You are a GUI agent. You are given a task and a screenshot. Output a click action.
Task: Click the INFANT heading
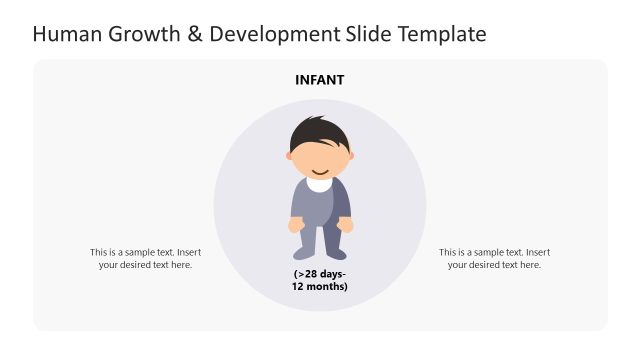click(320, 80)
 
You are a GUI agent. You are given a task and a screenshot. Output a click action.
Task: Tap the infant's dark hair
click(318, 134)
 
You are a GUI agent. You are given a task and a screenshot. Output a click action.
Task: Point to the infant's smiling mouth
click(320, 169)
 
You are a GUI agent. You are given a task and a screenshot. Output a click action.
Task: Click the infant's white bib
click(320, 184)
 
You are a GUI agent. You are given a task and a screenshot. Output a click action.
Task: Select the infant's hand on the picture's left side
click(295, 225)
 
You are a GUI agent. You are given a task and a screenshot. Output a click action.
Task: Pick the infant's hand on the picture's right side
click(346, 225)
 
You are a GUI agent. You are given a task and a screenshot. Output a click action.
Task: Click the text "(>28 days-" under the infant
click(320, 274)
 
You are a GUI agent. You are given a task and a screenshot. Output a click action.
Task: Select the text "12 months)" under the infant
click(320, 287)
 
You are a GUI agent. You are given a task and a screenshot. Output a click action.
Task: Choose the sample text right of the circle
click(494, 258)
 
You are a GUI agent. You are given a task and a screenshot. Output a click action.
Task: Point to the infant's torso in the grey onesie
click(320, 205)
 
